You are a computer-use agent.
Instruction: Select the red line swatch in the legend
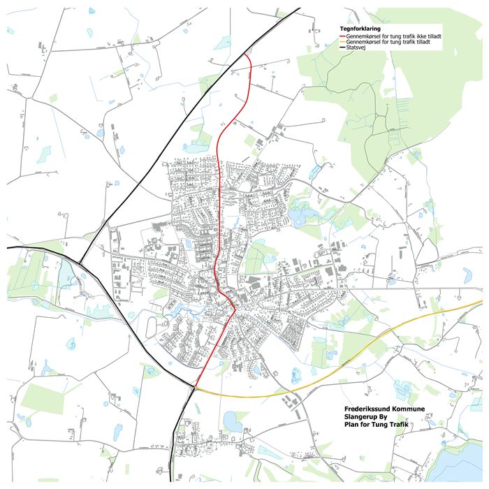click(342, 36)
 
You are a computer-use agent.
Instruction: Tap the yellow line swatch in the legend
click(342, 43)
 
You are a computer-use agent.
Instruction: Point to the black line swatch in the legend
click(342, 49)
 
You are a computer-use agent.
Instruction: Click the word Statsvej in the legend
click(356, 49)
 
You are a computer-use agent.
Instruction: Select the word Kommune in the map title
click(408, 409)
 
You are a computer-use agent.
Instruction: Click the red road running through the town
click(219, 210)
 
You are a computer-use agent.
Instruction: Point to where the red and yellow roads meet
click(196, 388)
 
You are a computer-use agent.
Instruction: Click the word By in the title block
click(384, 417)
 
